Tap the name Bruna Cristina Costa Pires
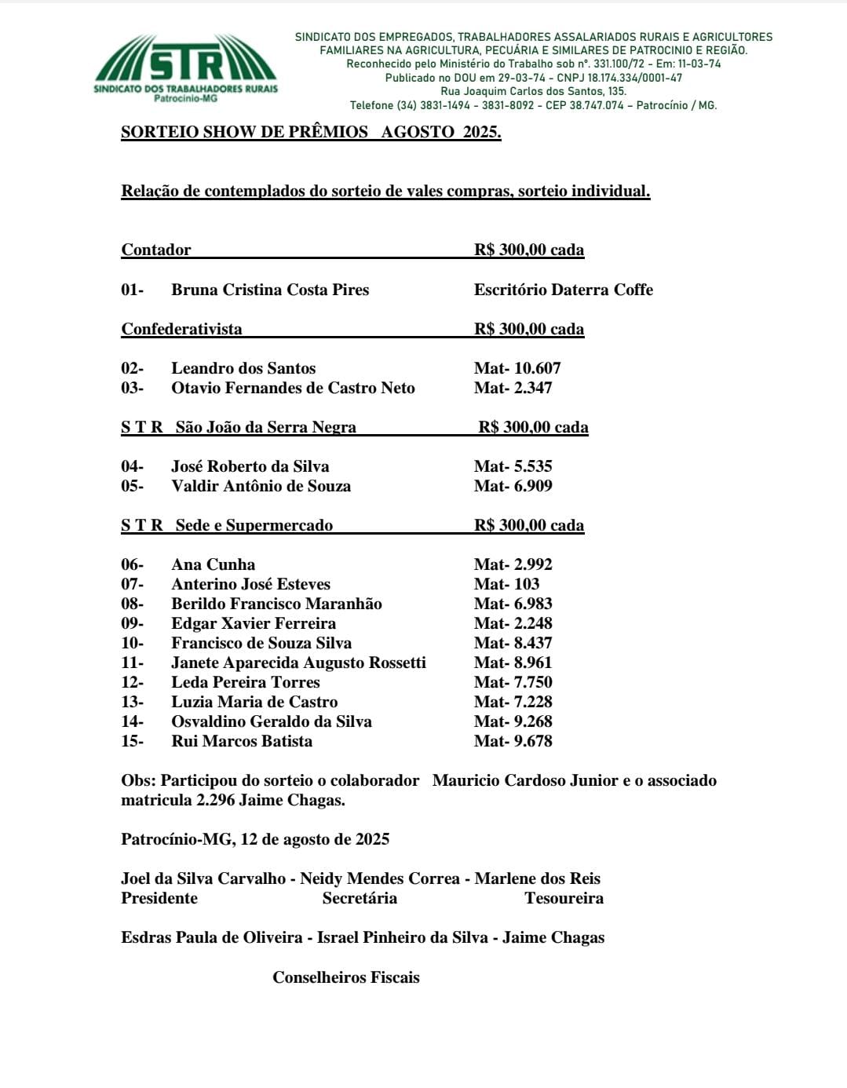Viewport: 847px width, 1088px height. point(270,290)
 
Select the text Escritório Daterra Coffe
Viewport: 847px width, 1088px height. point(563,290)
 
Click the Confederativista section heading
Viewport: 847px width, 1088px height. point(181,329)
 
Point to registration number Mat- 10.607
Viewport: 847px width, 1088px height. point(517,368)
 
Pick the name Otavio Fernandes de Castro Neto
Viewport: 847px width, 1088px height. point(293,388)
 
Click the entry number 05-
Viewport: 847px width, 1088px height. point(132,486)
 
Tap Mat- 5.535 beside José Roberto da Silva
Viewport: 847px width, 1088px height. point(513,466)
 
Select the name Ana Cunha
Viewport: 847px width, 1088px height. point(213,564)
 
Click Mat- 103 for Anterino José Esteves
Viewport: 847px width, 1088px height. point(506,584)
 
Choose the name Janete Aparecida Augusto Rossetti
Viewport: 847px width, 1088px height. point(298,663)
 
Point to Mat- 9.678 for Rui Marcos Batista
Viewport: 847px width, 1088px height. point(513,741)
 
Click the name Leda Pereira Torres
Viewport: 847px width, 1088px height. point(246,682)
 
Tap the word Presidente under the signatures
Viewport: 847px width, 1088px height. point(159,898)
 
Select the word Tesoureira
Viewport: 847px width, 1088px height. point(564,898)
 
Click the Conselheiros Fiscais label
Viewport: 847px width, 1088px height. point(346,977)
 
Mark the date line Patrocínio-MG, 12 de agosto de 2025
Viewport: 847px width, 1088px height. point(255,839)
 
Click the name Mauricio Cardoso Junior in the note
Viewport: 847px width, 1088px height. point(525,780)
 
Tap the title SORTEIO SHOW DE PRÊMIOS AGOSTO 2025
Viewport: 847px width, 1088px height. point(311,132)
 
